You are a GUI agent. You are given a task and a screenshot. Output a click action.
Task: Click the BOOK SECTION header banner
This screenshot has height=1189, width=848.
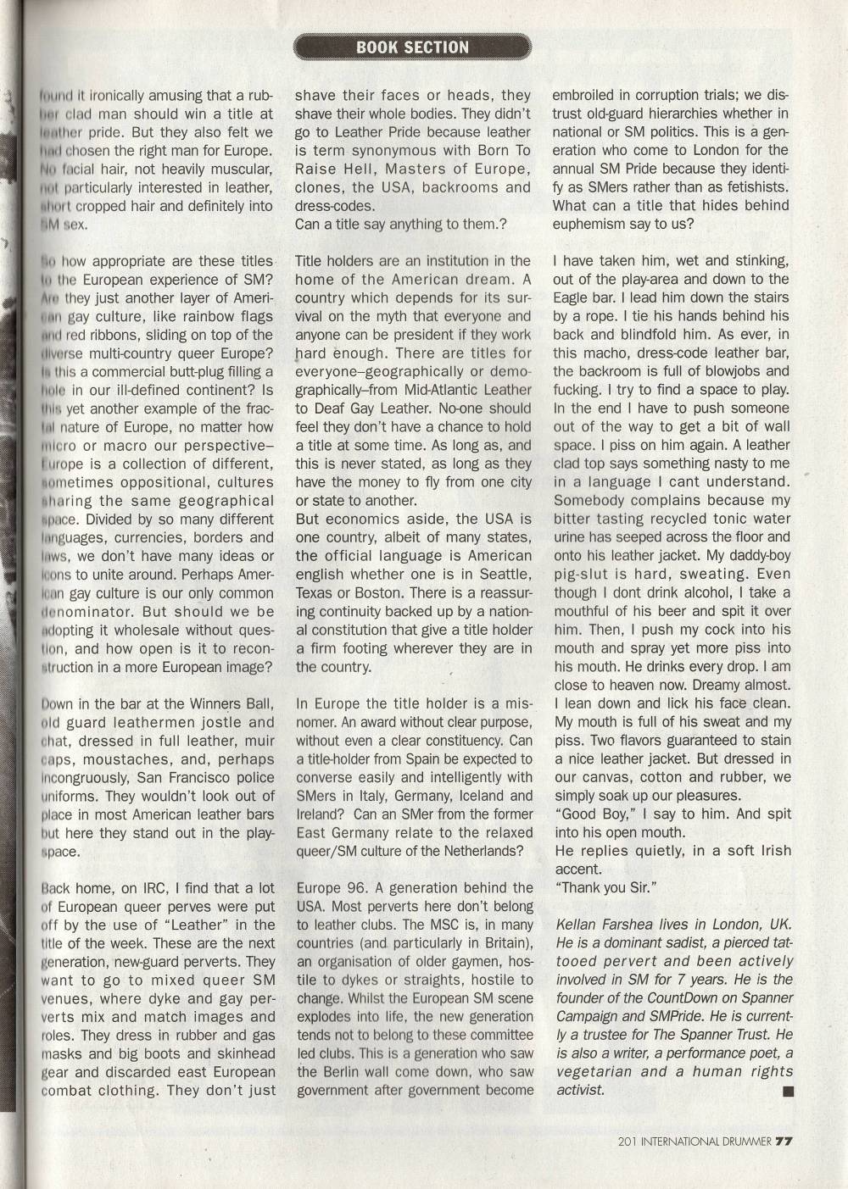click(412, 47)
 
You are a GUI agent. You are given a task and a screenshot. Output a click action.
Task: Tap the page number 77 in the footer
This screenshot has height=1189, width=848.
click(783, 1140)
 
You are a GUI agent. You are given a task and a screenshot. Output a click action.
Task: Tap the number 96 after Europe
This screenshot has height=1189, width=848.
click(356, 888)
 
